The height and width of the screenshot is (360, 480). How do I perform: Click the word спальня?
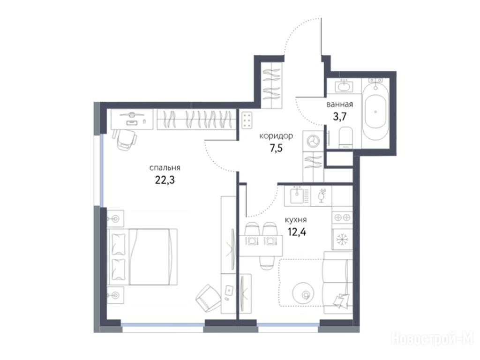[165, 168]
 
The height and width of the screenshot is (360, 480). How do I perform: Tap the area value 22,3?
[165, 180]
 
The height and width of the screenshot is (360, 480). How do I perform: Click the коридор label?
[276, 136]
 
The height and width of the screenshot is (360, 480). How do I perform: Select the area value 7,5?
[276, 149]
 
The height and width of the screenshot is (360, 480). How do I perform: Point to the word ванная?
[340, 105]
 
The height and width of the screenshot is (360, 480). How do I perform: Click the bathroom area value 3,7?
[339, 117]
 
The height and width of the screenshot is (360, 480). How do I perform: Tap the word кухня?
[296, 220]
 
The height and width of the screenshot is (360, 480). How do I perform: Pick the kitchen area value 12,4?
[297, 232]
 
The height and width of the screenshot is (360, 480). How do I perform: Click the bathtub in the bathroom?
[375, 112]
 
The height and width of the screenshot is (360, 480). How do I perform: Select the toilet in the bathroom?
[346, 138]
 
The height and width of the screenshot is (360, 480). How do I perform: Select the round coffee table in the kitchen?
[303, 293]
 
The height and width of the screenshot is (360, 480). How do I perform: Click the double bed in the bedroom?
[142, 257]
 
